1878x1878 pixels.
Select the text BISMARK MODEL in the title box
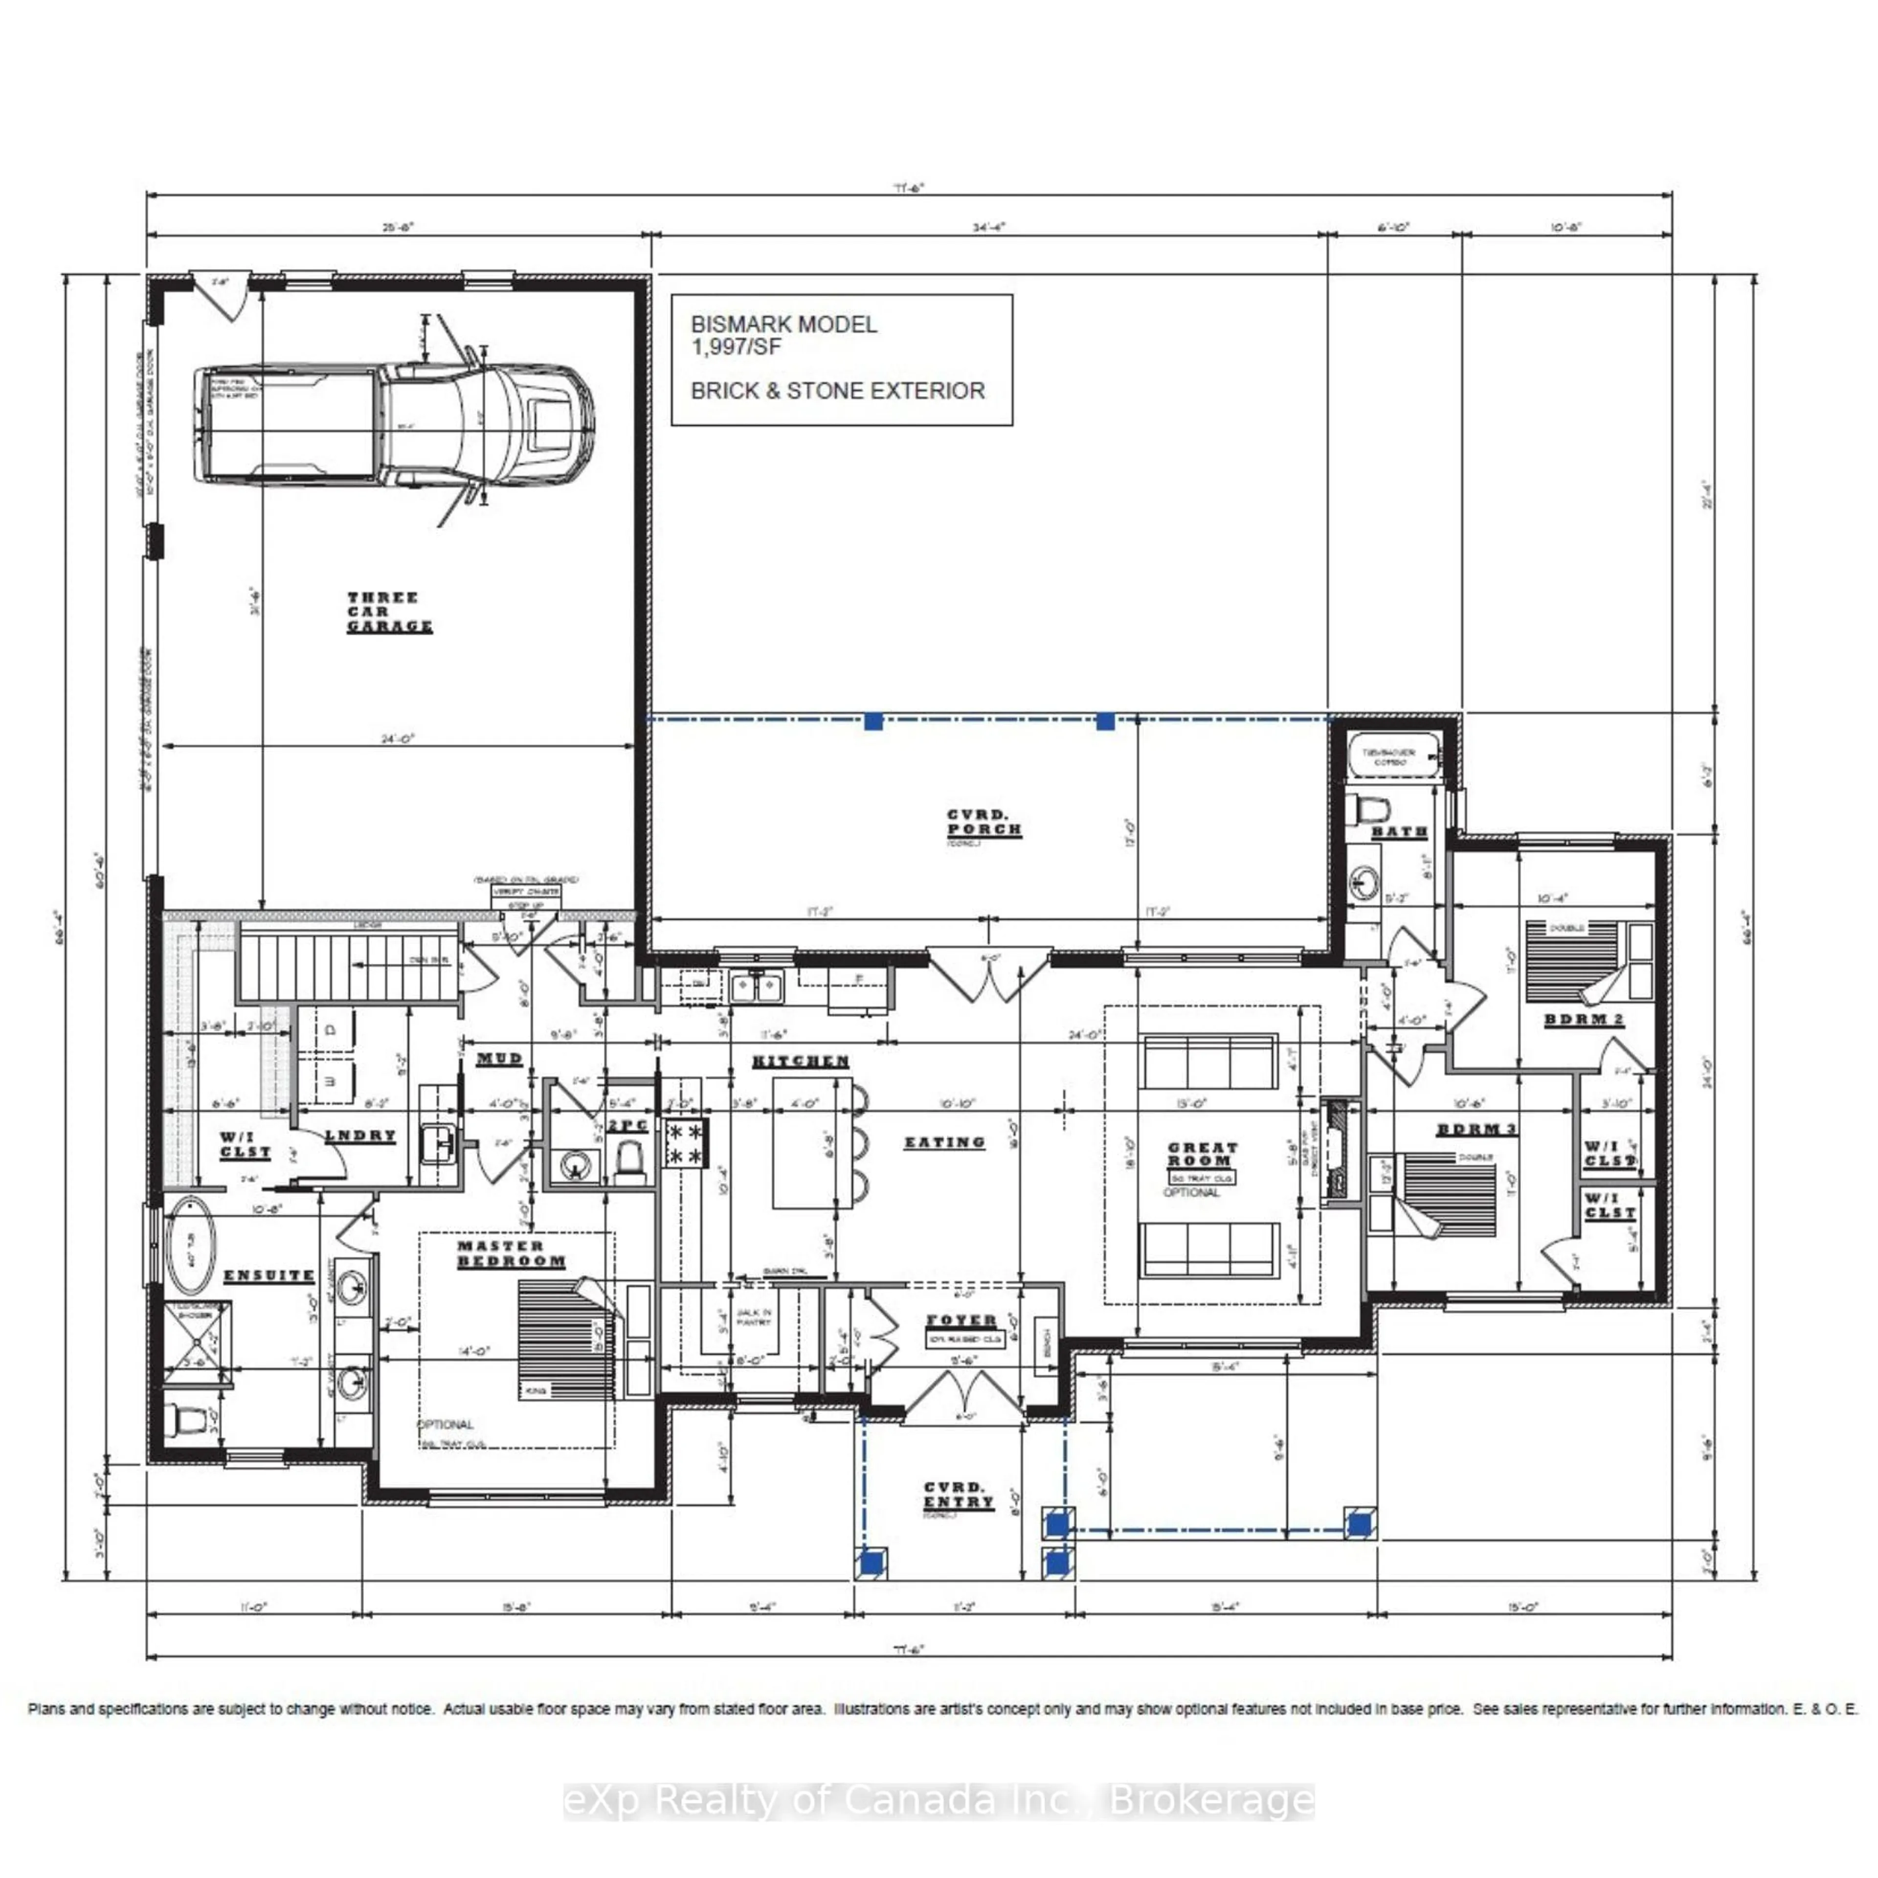tap(783, 325)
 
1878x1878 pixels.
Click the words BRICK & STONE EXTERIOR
tap(837, 391)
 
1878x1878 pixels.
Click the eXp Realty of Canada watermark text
tap(939, 1800)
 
